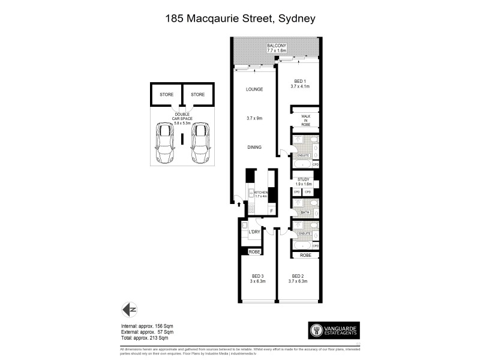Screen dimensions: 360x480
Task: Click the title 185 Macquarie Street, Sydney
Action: pyautogui.click(x=240, y=19)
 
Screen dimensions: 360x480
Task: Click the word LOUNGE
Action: pyautogui.click(x=255, y=89)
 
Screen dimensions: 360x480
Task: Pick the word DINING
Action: pyautogui.click(x=255, y=146)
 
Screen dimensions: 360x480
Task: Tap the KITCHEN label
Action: pyautogui.click(x=261, y=193)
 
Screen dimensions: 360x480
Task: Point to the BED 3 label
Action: pyautogui.click(x=258, y=278)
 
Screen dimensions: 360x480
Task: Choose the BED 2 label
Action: pyautogui.click(x=298, y=278)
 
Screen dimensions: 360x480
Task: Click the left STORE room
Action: pyautogui.click(x=166, y=95)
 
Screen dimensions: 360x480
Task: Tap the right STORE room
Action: pyautogui.click(x=197, y=95)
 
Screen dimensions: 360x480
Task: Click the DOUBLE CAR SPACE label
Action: pyautogui.click(x=182, y=119)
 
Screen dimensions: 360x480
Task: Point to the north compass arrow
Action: pyautogui.click(x=129, y=310)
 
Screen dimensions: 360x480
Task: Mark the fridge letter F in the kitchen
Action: pyautogui.click(x=271, y=211)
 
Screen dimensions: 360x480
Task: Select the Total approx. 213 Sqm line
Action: pyautogui.click(x=147, y=337)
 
